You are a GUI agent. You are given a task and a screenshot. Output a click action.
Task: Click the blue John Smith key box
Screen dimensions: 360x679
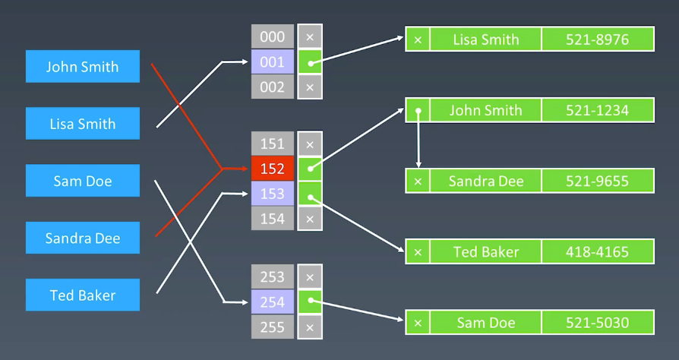(82, 66)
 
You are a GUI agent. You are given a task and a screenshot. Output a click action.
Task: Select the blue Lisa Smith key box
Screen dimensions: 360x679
(82, 123)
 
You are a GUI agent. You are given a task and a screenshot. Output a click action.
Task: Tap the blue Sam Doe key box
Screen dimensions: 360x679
(82, 181)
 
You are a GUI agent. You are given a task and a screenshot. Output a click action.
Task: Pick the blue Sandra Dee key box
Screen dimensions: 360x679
(82, 238)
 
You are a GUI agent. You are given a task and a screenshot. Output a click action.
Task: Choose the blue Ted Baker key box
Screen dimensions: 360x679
(82, 295)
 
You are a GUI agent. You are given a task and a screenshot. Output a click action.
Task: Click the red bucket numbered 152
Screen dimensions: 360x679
(272, 169)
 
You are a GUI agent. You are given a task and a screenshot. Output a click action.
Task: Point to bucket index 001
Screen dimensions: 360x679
(272, 62)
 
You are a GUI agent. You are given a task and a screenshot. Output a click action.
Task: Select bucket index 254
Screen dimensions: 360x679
(272, 302)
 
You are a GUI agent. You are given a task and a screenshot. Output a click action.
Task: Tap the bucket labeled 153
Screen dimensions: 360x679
(272, 194)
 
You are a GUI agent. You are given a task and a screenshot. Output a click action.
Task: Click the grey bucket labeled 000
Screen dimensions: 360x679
(272, 36)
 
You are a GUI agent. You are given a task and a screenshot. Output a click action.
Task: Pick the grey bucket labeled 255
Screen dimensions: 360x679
(272, 327)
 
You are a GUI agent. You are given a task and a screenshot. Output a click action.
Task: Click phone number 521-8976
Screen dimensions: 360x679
(597, 39)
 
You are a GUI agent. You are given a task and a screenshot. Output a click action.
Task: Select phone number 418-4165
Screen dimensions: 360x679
(597, 251)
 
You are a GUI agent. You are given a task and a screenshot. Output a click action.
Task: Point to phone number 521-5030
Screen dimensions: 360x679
(597, 323)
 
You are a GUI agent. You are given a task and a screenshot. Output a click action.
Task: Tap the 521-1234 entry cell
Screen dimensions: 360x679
(597, 110)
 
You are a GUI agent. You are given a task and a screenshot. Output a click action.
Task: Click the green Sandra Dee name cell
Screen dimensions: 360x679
(485, 182)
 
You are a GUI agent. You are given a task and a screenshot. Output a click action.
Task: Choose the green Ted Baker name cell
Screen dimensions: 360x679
(485, 251)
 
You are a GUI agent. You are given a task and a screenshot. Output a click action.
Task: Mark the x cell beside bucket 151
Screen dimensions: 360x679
(309, 144)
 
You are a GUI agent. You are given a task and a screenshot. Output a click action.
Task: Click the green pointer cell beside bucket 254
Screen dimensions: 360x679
(309, 302)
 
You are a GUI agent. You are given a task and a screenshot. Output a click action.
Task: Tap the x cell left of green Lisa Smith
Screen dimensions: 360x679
(418, 39)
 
